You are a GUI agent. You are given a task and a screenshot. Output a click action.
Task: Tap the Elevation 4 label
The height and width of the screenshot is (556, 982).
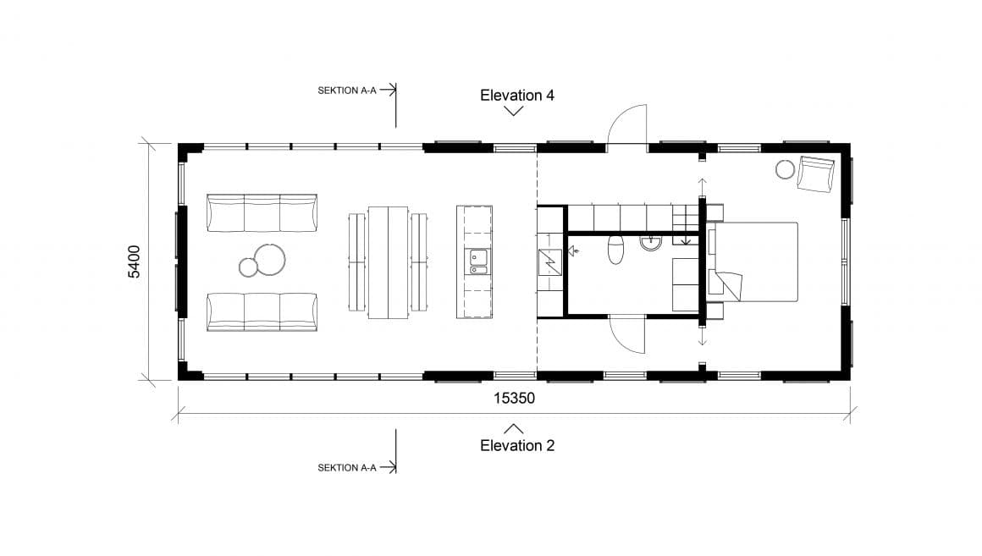[x=516, y=95]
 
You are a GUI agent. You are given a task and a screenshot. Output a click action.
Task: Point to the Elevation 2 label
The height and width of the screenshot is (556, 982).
[x=516, y=445]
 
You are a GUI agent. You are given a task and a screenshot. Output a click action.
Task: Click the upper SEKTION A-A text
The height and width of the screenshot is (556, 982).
[x=346, y=90]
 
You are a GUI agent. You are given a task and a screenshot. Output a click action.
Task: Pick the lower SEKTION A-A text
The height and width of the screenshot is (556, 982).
[x=346, y=467]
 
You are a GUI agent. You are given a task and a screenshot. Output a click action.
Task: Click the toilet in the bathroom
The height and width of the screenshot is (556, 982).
[x=616, y=250]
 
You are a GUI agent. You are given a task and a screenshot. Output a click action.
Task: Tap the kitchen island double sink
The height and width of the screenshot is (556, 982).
[x=479, y=262]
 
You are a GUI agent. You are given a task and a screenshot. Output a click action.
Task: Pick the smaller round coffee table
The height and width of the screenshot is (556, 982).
[x=248, y=267]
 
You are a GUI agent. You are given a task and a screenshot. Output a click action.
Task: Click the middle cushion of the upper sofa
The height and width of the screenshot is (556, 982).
[x=262, y=212]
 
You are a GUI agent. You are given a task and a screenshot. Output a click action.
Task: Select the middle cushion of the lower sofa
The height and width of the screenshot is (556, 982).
[x=262, y=311]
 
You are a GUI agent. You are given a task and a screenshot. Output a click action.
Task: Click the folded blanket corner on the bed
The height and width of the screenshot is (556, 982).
[x=729, y=286]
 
